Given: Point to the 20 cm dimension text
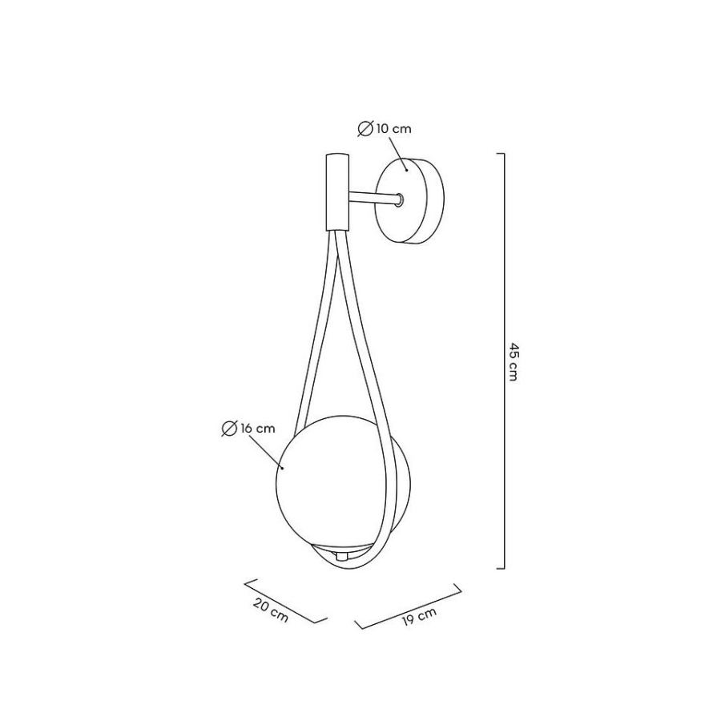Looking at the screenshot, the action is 272,611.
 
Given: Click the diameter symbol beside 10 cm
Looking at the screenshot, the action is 365,129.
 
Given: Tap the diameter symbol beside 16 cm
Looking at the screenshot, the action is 229,429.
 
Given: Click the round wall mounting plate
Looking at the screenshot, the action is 409,200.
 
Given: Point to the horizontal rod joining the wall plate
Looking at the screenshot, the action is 373,198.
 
